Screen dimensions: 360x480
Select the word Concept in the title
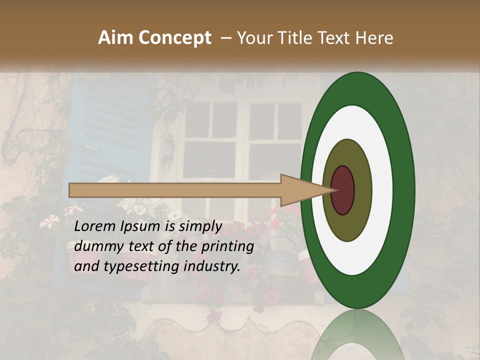pos(174,38)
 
